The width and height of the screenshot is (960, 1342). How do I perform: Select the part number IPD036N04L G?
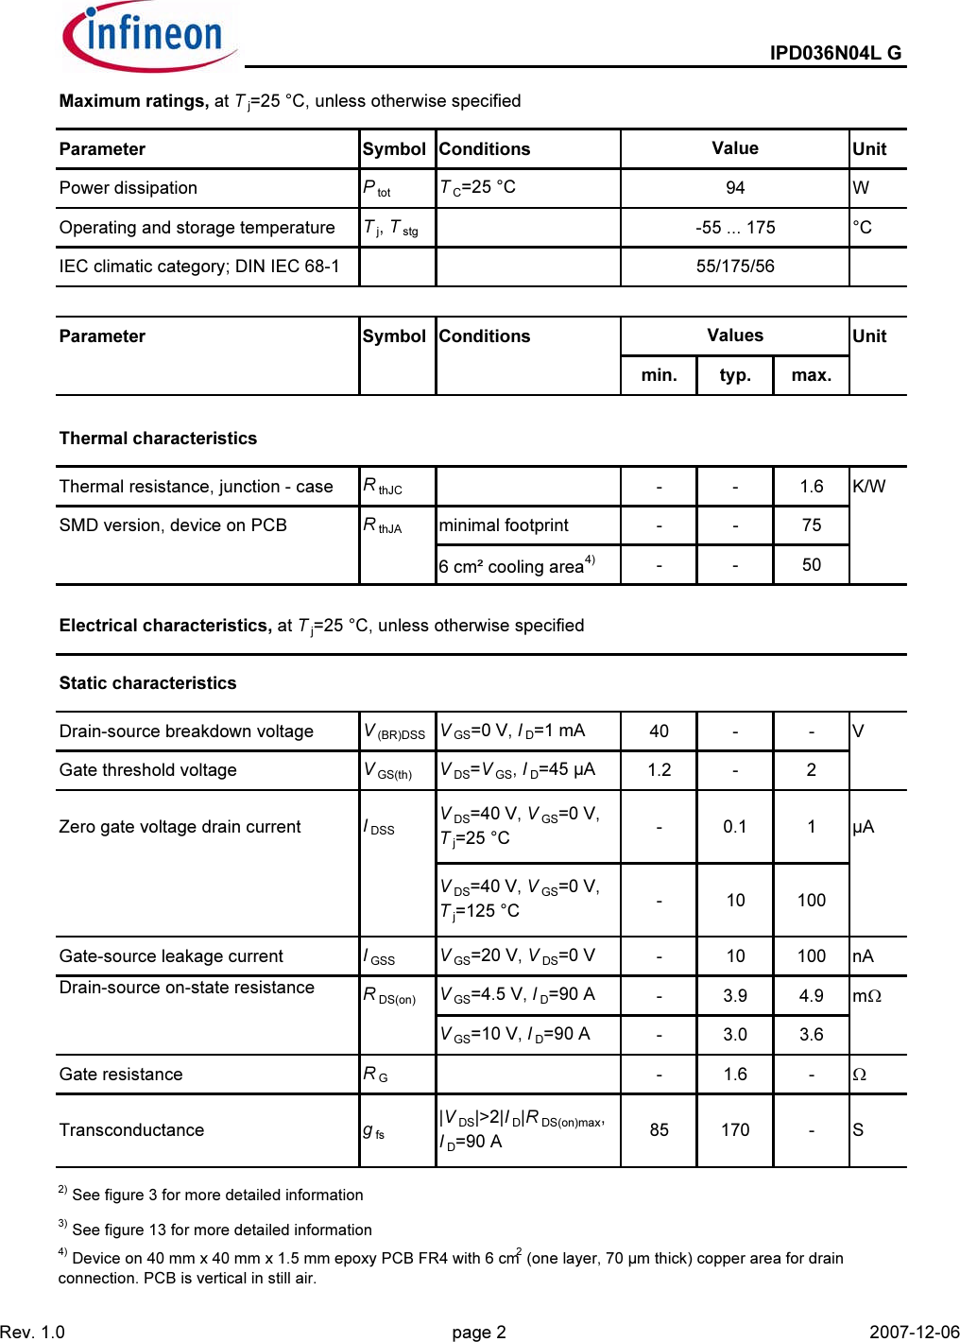click(x=834, y=53)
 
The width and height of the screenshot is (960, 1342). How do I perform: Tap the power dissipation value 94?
click(x=735, y=188)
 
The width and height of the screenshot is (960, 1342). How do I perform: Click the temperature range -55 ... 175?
click(x=735, y=228)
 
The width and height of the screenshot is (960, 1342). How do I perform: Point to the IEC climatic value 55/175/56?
click(x=735, y=267)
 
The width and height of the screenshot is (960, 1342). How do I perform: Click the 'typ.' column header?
click(x=735, y=375)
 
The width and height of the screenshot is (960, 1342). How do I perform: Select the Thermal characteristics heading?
click(x=158, y=439)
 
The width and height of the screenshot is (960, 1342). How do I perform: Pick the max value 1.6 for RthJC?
click(x=811, y=487)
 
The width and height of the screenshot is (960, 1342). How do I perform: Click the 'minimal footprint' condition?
click(x=504, y=525)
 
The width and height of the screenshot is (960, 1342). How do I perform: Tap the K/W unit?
click(x=868, y=487)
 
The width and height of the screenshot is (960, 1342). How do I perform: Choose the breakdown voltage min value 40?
click(x=659, y=731)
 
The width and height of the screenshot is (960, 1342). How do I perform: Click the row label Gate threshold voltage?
click(x=147, y=770)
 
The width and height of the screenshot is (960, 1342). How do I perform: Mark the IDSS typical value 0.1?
click(x=735, y=827)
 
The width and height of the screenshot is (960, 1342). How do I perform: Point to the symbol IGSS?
click(x=380, y=956)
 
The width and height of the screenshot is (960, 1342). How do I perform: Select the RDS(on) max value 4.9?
click(x=811, y=996)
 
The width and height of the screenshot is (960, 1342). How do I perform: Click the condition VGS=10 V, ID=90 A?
click(x=515, y=1035)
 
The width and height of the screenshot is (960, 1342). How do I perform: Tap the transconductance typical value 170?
click(x=735, y=1130)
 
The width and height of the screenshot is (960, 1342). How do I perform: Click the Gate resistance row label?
click(x=121, y=1075)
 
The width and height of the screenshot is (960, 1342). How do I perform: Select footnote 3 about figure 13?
click(x=215, y=1230)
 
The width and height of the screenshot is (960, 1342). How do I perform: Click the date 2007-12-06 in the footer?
click(x=914, y=1333)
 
